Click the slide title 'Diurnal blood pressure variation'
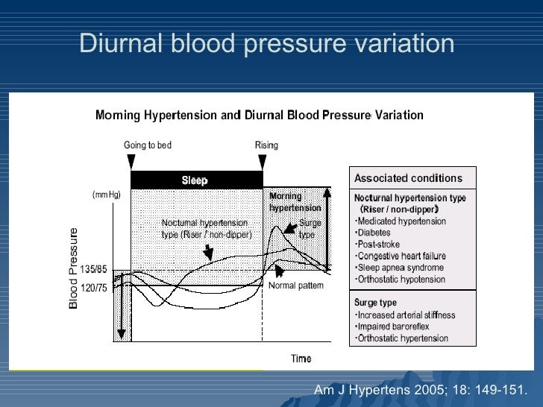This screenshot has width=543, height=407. pyautogui.click(x=266, y=43)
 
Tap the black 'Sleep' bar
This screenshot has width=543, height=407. pyautogui.click(x=195, y=180)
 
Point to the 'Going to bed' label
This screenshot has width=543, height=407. pyautogui.click(x=148, y=145)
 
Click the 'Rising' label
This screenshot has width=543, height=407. pyautogui.click(x=266, y=145)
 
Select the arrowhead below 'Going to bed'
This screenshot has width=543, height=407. pyautogui.click(x=131, y=162)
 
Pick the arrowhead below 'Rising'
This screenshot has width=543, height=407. pyautogui.click(x=263, y=162)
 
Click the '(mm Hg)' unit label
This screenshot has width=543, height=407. pyautogui.click(x=106, y=195)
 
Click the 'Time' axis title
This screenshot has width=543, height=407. pyautogui.click(x=301, y=359)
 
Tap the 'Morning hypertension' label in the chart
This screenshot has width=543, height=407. pyautogui.click(x=295, y=202)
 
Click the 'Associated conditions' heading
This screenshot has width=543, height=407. pyautogui.click(x=408, y=178)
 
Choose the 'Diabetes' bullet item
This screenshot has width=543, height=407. pyautogui.click(x=374, y=233)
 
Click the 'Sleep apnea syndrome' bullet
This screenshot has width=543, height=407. pyautogui.click(x=400, y=268)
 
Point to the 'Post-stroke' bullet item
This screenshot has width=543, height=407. pyautogui.click(x=378, y=244)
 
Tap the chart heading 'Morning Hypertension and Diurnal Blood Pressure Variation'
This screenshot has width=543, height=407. pyautogui.click(x=260, y=116)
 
